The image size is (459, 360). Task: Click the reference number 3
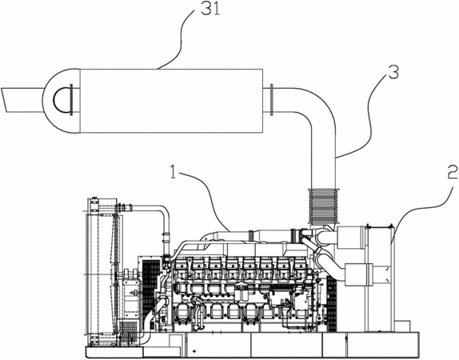(393, 72)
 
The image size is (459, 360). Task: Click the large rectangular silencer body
(171, 101)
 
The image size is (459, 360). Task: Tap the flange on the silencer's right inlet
(272, 100)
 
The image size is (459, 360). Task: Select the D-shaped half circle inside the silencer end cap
(62, 100)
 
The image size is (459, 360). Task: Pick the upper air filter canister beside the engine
(352, 238)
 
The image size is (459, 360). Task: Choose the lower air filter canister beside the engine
(359, 274)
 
